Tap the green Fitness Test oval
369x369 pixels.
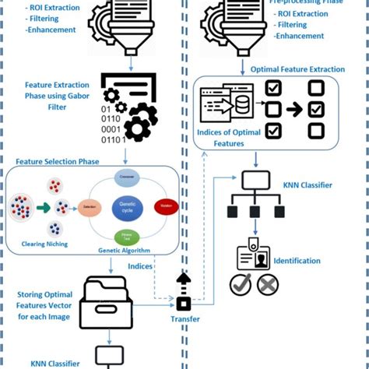(x=126, y=237)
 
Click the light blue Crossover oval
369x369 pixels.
(x=126, y=178)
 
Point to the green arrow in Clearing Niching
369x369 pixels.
(x=42, y=208)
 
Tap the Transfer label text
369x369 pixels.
(x=184, y=319)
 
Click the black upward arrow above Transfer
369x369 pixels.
(x=184, y=281)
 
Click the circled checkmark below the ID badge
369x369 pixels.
(x=240, y=286)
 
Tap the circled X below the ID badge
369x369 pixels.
(x=267, y=286)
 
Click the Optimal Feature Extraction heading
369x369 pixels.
(x=297, y=69)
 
